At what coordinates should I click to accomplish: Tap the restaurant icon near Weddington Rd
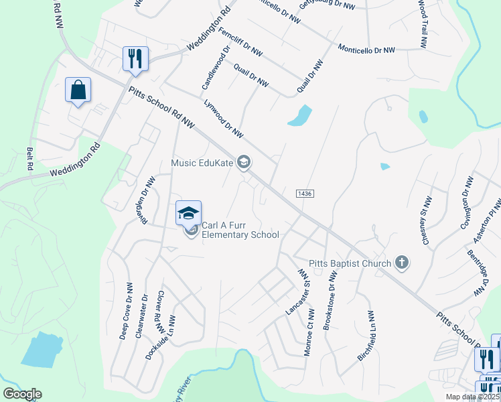pyautogui.click(x=135, y=58)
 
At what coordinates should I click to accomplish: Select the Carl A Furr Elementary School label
pyautogui.click(x=240, y=230)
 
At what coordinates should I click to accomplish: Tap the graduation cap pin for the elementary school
pyautogui.click(x=188, y=214)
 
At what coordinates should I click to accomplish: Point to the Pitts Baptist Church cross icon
pyautogui.click(x=401, y=262)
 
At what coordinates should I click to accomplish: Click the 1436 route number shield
pyautogui.click(x=303, y=193)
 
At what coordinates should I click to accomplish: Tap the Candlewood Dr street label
pyautogui.click(x=216, y=68)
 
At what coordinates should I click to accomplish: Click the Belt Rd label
pyautogui.click(x=29, y=159)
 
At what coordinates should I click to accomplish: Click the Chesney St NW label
pyautogui.click(x=425, y=221)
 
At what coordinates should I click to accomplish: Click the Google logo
pyautogui.click(x=22, y=394)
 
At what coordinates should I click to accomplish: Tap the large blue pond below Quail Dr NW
pyautogui.click(x=300, y=116)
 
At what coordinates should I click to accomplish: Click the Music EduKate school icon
pyautogui.click(x=244, y=161)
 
